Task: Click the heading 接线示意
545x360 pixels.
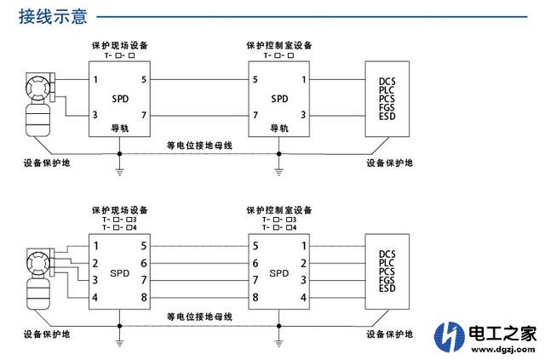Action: [x=53, y=16]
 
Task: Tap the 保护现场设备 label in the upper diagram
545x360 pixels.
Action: [x=120, y=44]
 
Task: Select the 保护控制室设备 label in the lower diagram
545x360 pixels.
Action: [x=278, y=209]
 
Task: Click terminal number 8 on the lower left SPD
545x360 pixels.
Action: [x=145, y=296]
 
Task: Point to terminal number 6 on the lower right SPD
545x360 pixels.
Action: [x=255, y=263]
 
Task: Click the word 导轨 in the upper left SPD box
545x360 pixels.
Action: [x=120, y=128]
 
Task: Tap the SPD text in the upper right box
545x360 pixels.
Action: [x=279, y=98]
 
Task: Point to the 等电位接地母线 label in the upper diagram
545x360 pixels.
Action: [x=199, y=146]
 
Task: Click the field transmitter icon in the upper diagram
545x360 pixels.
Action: [x=37, y=102]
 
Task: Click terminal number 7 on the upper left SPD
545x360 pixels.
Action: [x=145, y=115]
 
